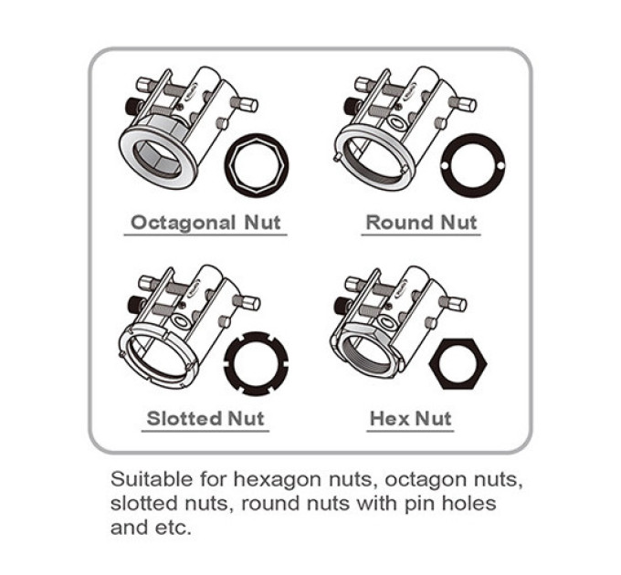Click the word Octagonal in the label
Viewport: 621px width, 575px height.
click(184, 224)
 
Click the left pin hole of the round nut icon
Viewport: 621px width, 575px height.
click(445, 165)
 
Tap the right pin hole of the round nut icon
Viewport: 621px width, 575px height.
click(500, 165)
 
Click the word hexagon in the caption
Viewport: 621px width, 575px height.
click(280, 480)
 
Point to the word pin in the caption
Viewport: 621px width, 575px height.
click(418, 505)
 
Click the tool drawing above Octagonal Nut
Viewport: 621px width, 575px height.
click(188, 127)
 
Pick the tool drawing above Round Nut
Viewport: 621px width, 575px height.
click(405, 128)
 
